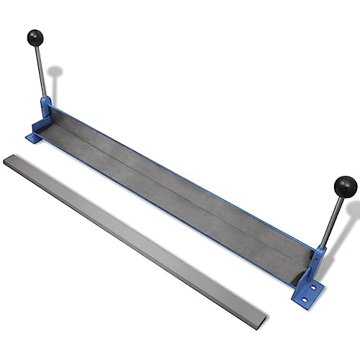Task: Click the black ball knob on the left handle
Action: click(x=35, y=37)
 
